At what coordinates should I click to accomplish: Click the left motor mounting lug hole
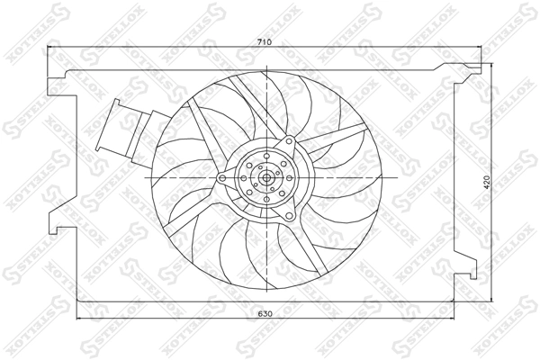221,179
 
